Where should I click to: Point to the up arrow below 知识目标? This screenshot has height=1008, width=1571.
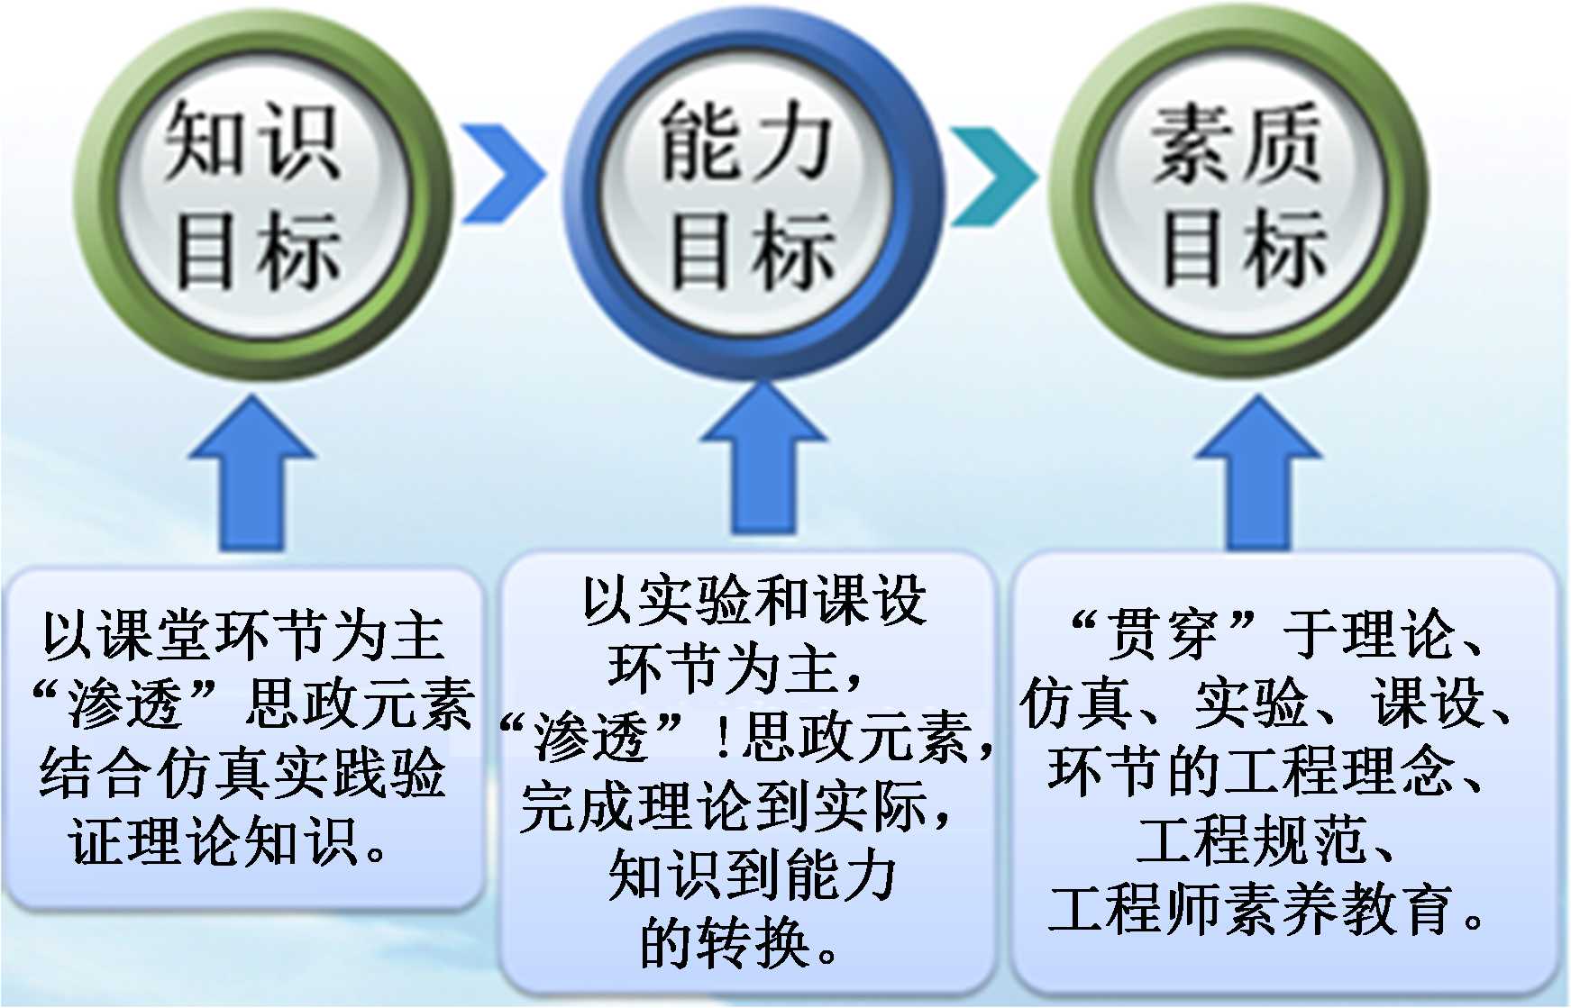click(251, 473)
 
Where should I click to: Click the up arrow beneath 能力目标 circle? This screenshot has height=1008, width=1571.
click(763, 459)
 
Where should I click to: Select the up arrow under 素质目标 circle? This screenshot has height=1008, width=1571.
click(1258, 473)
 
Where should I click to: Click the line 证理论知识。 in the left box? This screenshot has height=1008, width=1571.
click(229, 841)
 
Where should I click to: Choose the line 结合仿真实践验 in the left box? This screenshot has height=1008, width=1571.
click(243, 773)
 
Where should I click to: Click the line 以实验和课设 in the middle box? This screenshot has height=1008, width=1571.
click(754, 600)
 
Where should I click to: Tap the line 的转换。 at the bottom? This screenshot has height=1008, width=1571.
click(739, 943)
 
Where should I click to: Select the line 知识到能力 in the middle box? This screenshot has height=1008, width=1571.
click(753, 875)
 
